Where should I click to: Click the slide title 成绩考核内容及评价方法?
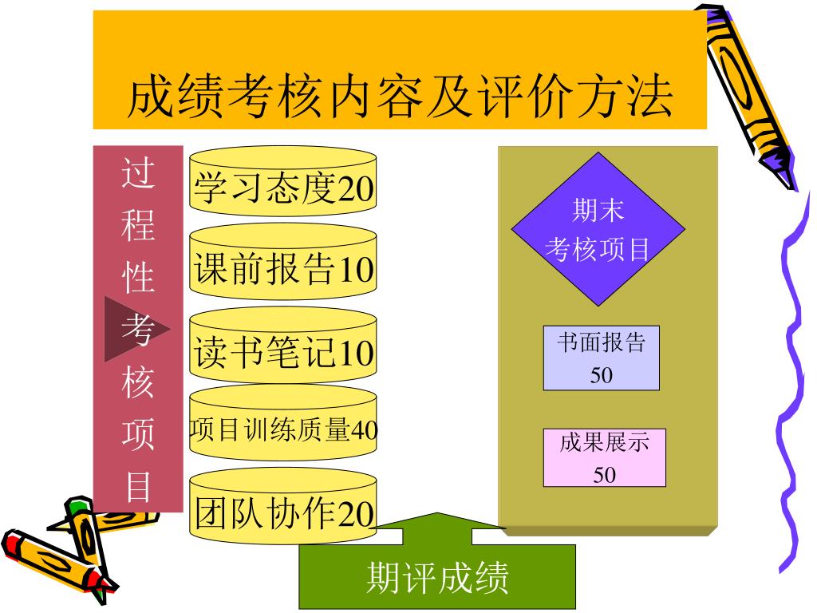400,97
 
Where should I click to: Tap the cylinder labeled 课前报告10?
282,269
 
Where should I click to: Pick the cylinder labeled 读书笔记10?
282,351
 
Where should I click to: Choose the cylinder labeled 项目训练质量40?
282,429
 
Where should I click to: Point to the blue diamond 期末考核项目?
598,229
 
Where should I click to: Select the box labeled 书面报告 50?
601,358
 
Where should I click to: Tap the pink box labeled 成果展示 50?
604,457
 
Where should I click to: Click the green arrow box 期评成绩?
437,576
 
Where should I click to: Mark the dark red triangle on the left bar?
132,328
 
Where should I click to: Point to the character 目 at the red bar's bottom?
138,485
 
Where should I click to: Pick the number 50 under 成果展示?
604,475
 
